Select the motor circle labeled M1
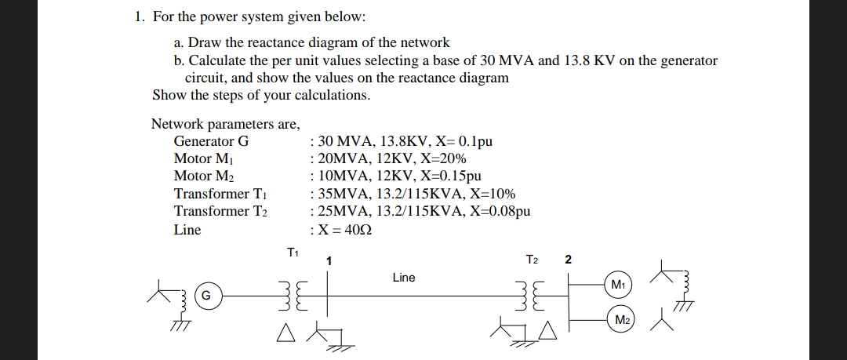619,283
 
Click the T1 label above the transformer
293,253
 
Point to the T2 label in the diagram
533,260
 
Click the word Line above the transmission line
404,278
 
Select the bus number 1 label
330,260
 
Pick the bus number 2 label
569,260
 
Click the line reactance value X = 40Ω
342,230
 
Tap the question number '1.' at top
140,16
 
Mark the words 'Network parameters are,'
225,124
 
